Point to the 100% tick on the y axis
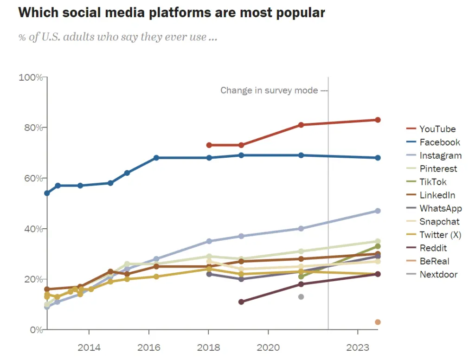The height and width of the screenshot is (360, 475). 31,77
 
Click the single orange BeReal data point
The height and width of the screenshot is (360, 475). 378,322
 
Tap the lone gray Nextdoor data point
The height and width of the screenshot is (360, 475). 301,296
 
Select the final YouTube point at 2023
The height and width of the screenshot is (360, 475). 378,120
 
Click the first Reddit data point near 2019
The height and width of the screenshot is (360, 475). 241,302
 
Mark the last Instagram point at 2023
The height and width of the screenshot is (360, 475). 378,211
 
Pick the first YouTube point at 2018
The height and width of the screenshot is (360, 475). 209,145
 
